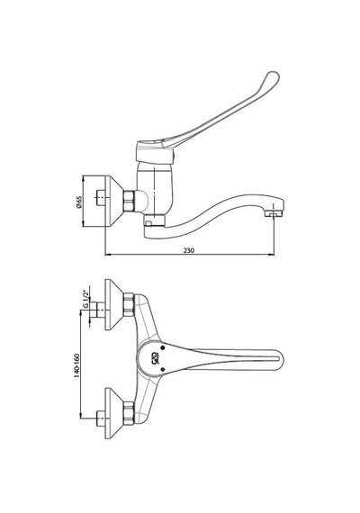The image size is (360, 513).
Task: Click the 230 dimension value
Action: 188,250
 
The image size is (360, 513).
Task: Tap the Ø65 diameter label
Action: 79,202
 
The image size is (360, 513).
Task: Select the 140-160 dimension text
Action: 76,365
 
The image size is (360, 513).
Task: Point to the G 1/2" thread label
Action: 85,299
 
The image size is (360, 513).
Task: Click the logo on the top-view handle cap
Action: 157,359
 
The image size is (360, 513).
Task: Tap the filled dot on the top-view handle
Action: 163,347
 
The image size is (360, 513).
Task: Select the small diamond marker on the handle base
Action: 163,370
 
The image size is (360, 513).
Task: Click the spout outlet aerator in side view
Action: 274,213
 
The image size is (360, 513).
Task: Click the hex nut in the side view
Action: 129,201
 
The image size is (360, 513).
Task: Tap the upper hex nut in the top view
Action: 129,304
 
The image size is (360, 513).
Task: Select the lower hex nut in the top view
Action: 129,413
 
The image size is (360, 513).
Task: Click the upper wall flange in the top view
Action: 113,304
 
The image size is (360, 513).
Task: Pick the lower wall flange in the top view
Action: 113,413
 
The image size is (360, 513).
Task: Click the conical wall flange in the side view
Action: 113,201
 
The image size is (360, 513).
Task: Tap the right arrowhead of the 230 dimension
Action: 272,254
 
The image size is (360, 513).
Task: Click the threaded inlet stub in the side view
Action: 101,198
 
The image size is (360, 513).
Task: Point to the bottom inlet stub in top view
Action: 101,418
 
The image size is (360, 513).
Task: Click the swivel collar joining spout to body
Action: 155,220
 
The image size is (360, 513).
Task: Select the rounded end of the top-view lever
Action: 277,360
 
